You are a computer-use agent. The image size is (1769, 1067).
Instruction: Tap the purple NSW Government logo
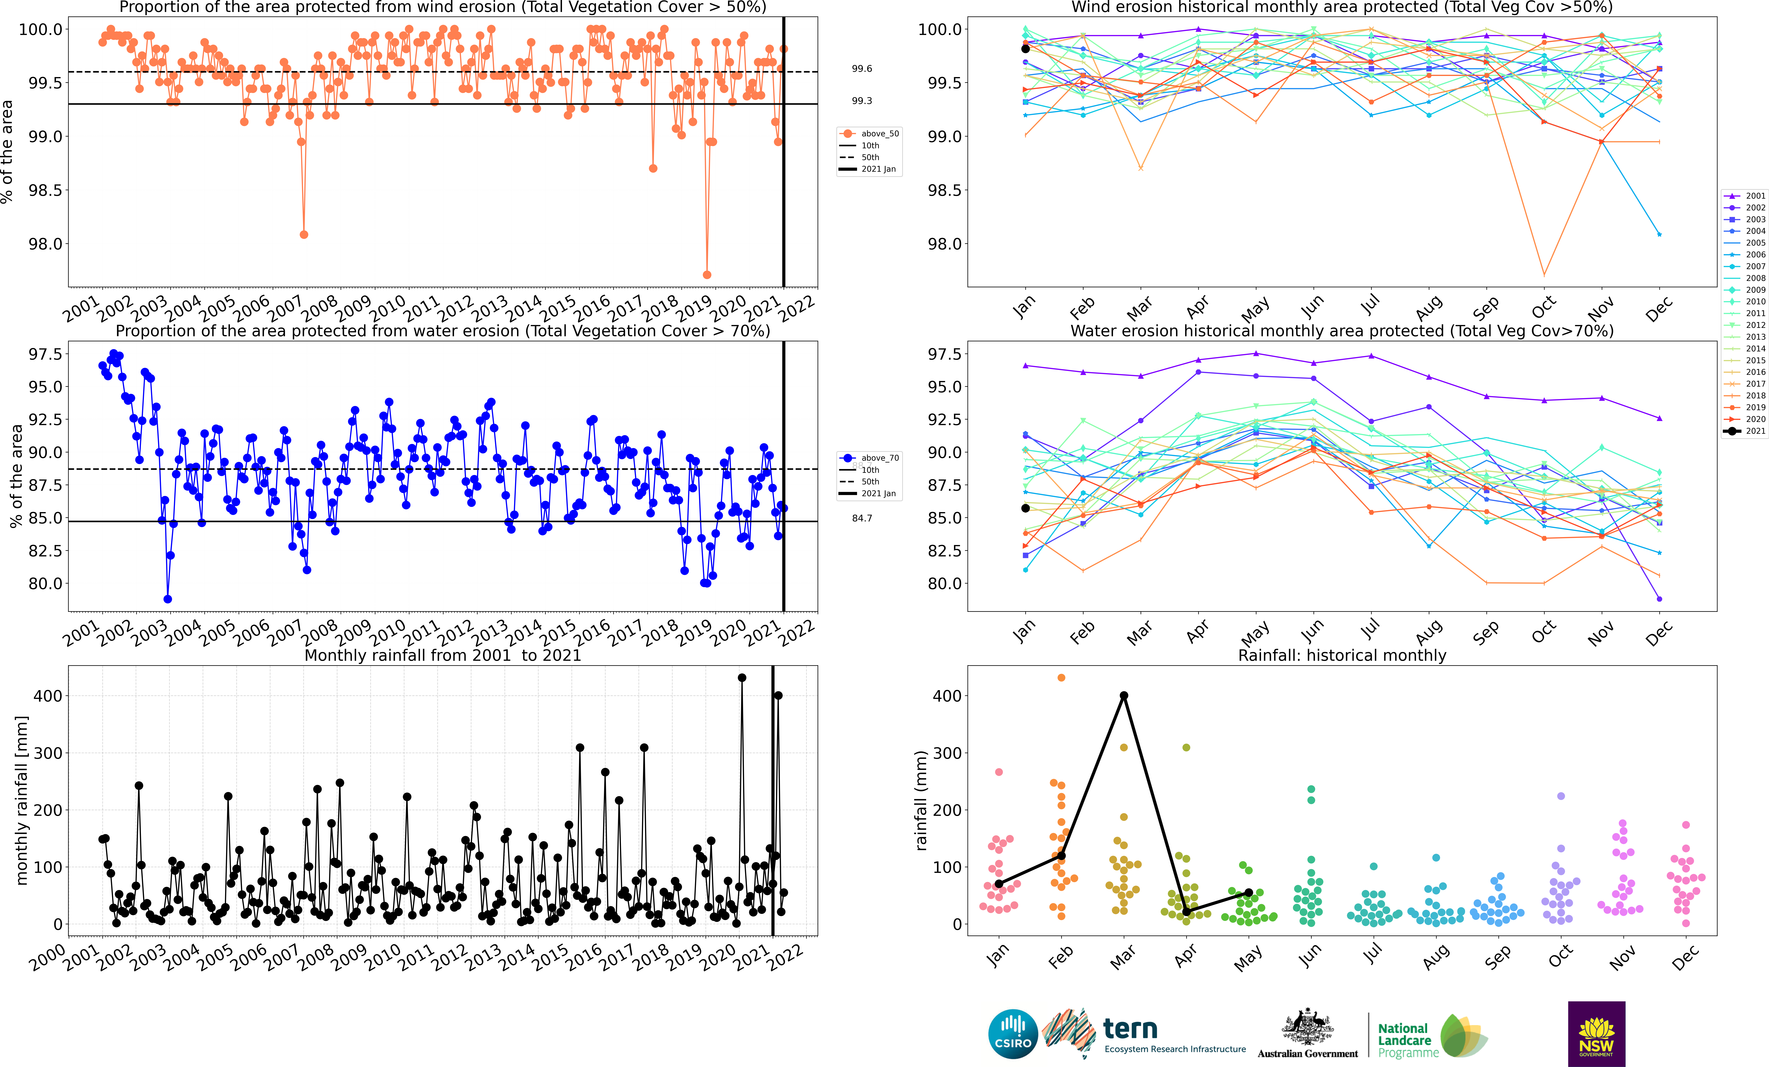click(x=1596, y=1033)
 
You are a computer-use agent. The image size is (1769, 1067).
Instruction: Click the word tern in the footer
click(x=1130, y=1029)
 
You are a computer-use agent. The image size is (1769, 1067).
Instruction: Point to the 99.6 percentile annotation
click(x=862, y=69)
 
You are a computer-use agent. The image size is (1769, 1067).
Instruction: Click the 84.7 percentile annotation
click(x=862, y=518)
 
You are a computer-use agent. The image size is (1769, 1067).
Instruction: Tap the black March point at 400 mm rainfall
click(x=1124, y=695)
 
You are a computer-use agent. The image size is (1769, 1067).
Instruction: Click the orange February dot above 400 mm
click(x=1061, y=677)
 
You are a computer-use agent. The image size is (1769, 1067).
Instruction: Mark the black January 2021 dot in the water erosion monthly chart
click(x=1025, y=508)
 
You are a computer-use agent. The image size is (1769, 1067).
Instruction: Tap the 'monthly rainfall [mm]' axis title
click(x=22, y=800)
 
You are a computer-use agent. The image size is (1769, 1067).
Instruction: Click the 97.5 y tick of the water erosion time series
click(x=45, y=354)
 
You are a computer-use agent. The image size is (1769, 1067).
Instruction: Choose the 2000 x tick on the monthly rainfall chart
click(x=49, y=958)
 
